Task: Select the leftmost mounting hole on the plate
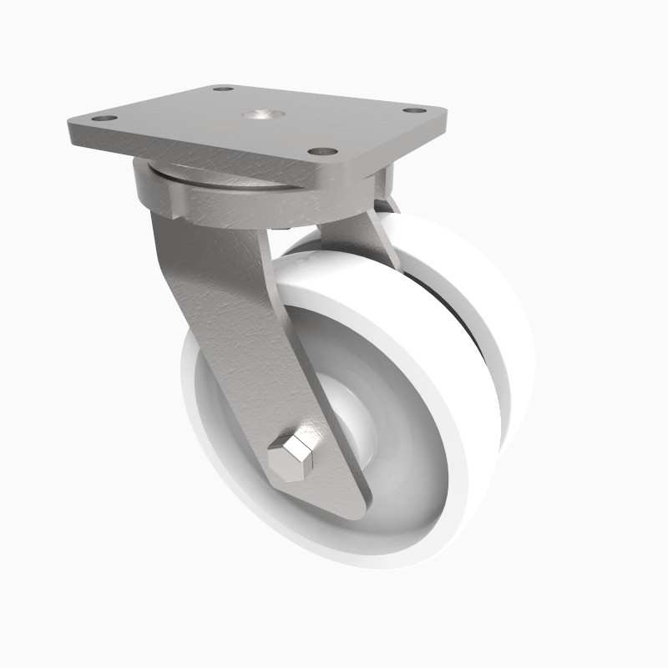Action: [104, 119]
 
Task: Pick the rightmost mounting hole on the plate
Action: [412, 110]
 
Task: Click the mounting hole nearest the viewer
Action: [321, 152]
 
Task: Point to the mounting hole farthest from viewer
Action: [222, 89]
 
